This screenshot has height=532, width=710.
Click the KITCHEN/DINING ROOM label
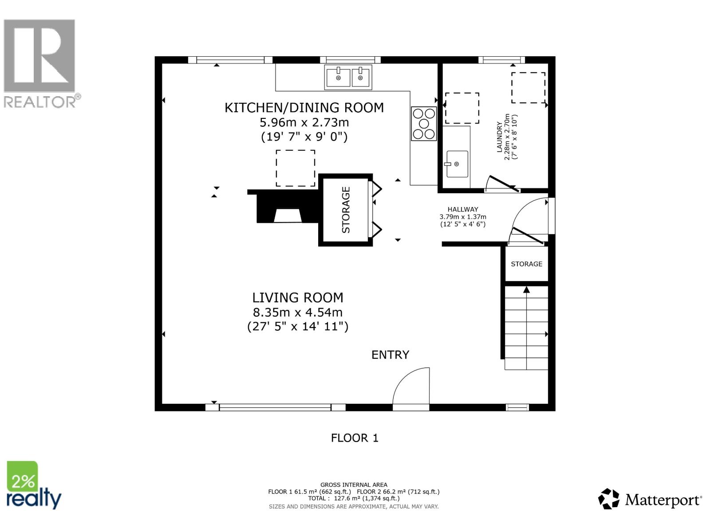tap(304, 108)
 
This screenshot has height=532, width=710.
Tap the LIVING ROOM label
tap(298, 297)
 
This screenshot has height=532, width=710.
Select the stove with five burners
tap(424, 124)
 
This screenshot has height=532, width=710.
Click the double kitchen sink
tap(348, 77)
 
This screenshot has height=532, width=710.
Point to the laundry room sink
tap(457, 164)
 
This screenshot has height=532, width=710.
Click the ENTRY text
tap(390, 355)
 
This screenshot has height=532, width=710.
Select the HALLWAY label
tap(462, 209)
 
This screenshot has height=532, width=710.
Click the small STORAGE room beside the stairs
tap(526, 264)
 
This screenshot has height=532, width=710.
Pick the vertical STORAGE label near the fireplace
tap(346, 210)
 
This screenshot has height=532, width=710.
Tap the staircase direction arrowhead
tap(526, 290)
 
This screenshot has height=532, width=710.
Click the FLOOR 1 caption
tap(355, 438)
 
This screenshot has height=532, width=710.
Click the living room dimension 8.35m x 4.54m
tap(297, 312)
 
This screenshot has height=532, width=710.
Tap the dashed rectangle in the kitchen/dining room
tap(296, 168)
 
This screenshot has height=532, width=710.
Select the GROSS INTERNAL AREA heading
tap(354, 485)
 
